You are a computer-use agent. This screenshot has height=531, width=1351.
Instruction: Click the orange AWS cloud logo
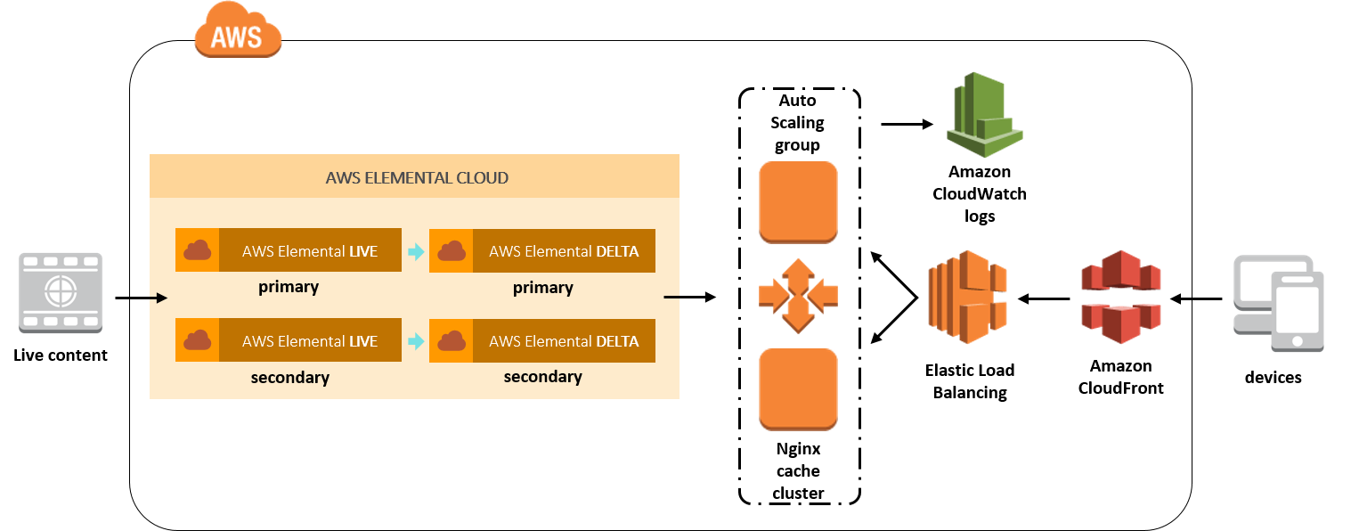tap(238, 30)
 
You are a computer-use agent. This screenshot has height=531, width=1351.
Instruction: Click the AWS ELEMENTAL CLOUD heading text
tap(417, 177)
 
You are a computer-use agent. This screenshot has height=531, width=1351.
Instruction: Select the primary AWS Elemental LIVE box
tap(289, 250)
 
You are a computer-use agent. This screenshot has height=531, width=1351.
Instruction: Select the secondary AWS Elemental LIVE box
tap(289, 340)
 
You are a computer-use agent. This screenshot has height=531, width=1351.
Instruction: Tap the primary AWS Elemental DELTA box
tap(542, 250)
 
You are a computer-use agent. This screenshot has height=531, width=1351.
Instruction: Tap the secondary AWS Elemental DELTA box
tap(542, 340)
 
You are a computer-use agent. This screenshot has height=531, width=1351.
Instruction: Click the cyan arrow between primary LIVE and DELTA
tap(416, 251)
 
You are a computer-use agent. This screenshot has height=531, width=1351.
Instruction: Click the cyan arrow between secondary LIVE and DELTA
tap(416, 341)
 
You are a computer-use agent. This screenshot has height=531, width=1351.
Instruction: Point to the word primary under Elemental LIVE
tap(289, 287)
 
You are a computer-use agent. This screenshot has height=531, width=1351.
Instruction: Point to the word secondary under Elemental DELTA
tap(542, 376)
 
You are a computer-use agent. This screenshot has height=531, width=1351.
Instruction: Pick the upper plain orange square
tap(798, 202)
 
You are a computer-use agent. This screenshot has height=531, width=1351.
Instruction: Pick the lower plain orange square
tap(798, 388)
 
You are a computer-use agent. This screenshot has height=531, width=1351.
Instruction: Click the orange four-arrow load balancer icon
tap(798, 295)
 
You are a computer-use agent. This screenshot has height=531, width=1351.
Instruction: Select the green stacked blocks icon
tap(983, 116)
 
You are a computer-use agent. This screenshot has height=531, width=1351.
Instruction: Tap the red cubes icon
tap(1120, 296)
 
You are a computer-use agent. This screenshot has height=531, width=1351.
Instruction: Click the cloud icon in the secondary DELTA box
tap(452, 341)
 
